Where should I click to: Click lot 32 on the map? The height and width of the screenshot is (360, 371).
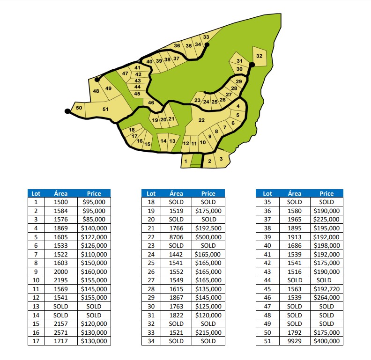click(x=259, y=56)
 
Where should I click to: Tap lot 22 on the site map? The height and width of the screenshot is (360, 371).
click(x=201, y=120)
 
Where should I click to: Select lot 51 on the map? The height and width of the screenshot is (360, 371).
click(x=105, y=110)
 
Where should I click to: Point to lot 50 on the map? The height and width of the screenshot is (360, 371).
click(x=79, y=108)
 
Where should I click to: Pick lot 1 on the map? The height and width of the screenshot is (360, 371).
click(x=185, y=161)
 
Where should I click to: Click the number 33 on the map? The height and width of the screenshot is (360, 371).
click(x=206, y=37)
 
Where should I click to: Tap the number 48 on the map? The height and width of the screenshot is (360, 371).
click(x=96, y=91)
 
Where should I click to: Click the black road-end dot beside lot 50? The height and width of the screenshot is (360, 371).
click(x=67, y=111)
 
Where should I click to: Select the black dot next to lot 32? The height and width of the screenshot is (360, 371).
click(x=251, y=65)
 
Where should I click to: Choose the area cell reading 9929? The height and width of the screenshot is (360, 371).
click(x=294, y=341)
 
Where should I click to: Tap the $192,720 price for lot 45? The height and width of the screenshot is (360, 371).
click(x=326, y=289)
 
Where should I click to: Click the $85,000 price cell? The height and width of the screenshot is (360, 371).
click(x=94, y=219)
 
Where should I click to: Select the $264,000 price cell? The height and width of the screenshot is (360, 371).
click(x=326, y=298)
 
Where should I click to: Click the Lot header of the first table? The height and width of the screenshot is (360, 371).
click(x=36, y=193)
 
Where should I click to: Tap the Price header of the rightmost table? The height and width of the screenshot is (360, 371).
click(x=326, y=193)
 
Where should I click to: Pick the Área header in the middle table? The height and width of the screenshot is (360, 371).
click(x=176, y=193)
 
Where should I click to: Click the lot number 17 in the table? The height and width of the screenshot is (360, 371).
click(x=36, y=341)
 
